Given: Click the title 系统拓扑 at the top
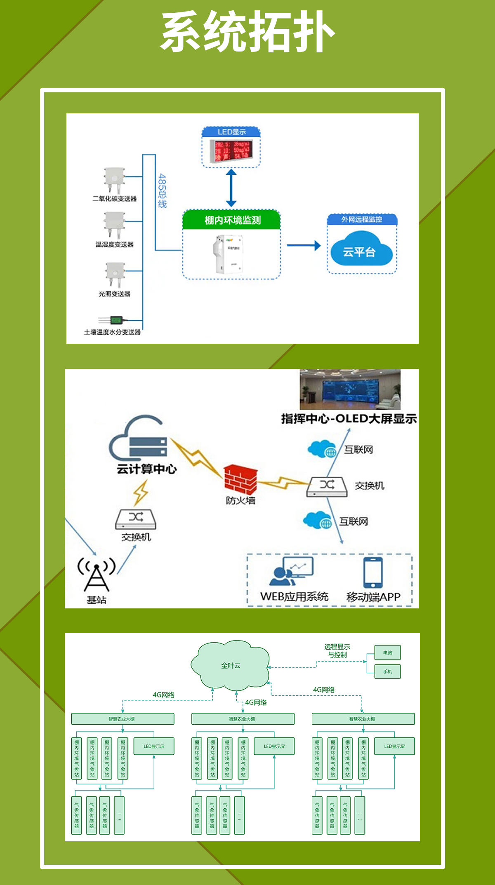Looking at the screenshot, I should tap(247, 32).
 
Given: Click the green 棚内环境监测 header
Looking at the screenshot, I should tap(232, 220).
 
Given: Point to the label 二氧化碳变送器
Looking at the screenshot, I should tap(114, 199).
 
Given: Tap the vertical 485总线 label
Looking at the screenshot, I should tap(162, 190).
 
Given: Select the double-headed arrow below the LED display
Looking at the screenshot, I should tap(231, 188).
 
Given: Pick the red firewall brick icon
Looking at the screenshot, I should tap(240, 479).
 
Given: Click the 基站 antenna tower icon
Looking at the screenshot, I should tap(97, 575).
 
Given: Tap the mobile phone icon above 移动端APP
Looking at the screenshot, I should tap(373, 573).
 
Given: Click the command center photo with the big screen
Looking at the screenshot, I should tap(350, 389).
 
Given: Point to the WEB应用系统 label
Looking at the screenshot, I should tap(294, 596).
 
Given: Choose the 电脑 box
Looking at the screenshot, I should tap(387, 653).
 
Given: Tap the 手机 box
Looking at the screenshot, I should tap(387, 671).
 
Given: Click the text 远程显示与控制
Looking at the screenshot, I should tap(337, 650).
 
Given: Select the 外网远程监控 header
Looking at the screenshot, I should tap(362, 219).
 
